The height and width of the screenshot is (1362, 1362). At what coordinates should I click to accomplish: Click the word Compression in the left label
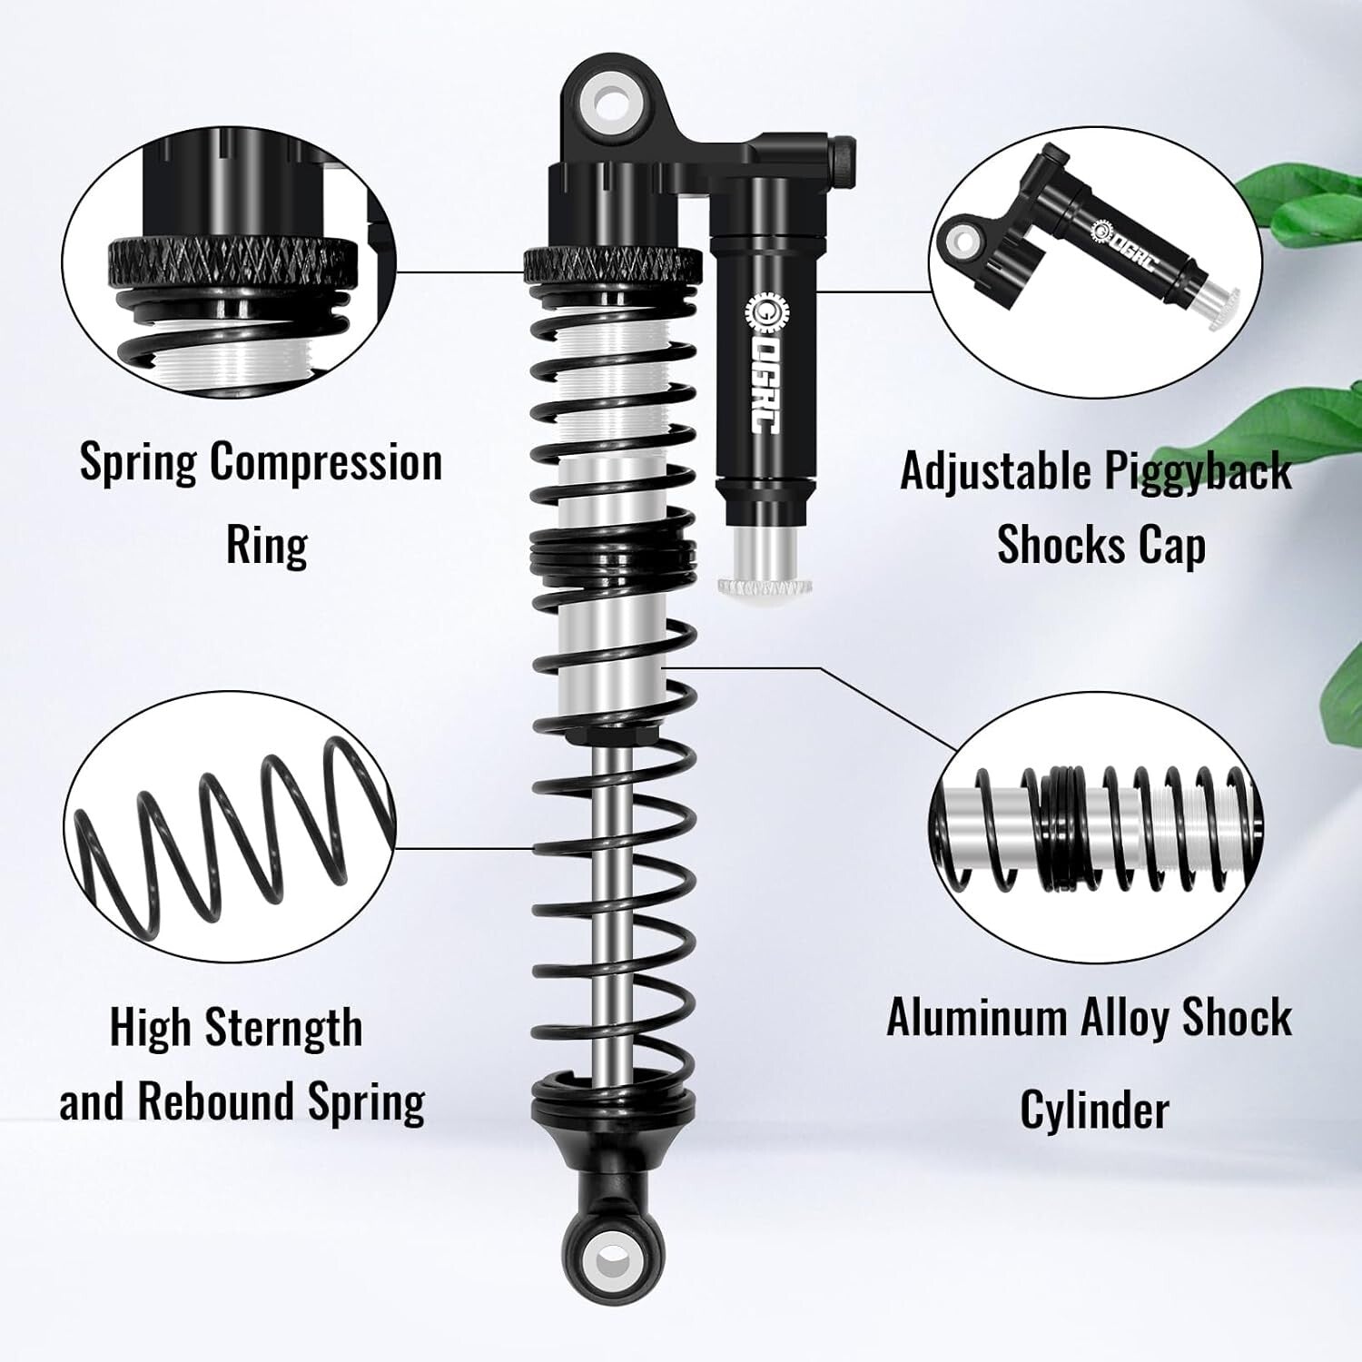[x=326, y=462]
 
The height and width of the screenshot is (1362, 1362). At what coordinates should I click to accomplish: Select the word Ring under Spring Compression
[x=266, y=545]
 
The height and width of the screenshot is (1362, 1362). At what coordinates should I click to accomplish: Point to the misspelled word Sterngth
[x=283, y=1028]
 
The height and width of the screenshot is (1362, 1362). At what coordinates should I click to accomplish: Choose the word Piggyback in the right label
[x=1198, y=471]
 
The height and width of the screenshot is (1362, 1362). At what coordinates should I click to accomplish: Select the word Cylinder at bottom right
[x=1093, y=1110]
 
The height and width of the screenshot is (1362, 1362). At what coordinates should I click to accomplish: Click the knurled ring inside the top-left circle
[x=232, y=262]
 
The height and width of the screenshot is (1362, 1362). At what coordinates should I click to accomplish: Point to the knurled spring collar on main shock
[x=613, y=264]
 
